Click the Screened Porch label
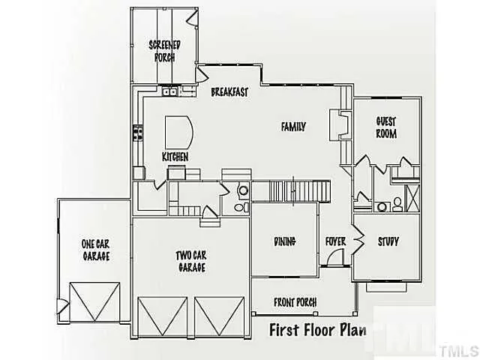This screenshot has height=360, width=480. [x=164, y=49]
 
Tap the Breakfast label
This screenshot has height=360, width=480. [x=229, y=92]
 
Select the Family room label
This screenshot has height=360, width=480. [x=293, y=127]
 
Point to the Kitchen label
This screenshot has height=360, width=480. [x=175, y=157]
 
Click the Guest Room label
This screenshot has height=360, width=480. [x=386, y=127]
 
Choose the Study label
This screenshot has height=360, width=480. [x=388, y=241]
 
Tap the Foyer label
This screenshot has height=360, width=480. [x=334, y=241]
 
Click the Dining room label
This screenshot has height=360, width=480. [x=284, y=241]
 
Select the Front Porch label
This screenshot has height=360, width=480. [x=295, y=302]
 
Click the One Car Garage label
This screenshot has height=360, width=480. [x=95, y=250]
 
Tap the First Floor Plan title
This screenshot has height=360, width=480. [x=318, y=331]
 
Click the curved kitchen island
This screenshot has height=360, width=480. [x=180, y=133]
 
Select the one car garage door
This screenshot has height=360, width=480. [x=94, y=302]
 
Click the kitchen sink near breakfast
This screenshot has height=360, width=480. [x=171, y=92]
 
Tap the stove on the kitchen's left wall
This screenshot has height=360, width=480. [x=138, y=133]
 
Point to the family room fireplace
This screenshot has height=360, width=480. [x=343, y=124]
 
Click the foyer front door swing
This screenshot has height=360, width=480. [x=337, y=258]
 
